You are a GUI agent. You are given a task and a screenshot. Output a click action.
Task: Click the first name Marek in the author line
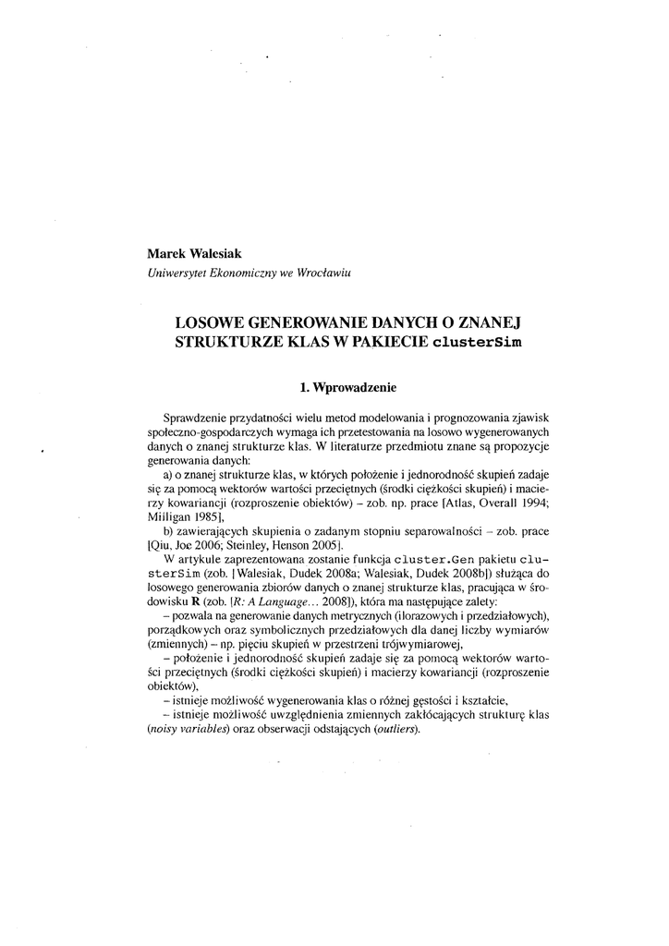click(x=165, y=253)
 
